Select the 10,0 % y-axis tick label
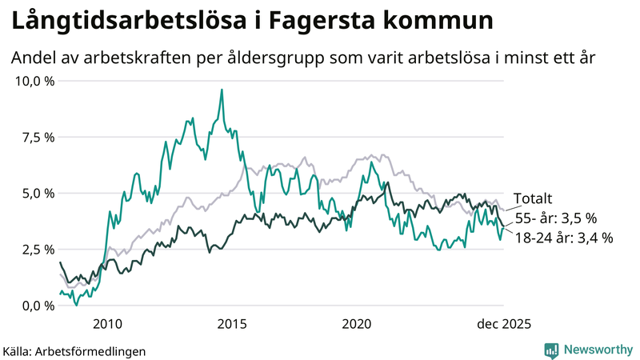click(x=35, y=81)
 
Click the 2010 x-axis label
click(x=108, y=324)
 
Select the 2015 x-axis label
click(x=233, y=324)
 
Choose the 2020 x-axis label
click(x=358, y=324)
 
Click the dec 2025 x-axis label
click(x=504, y=324)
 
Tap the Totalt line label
click(x=533, y=199)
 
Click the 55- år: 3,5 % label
click(x=555, y=218)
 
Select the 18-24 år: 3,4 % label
click(x=564, y=237)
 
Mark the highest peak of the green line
click(x=222, y=90)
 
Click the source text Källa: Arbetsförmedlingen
click(x=75, y=350)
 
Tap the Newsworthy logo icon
click(x=551, y=350)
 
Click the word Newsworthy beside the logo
click(x=597, y=350)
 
